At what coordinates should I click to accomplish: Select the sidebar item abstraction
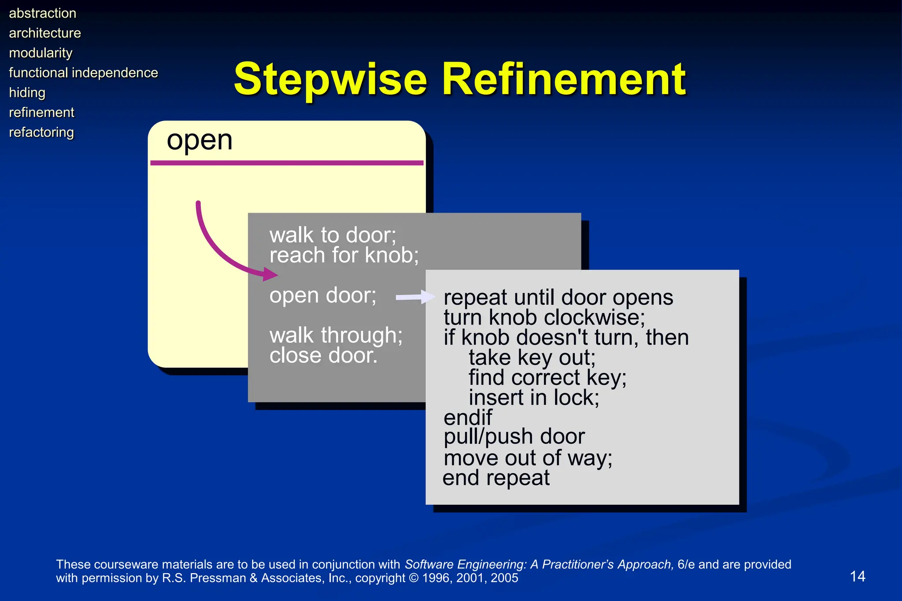point(43,13)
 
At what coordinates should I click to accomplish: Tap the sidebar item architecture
point(45,33)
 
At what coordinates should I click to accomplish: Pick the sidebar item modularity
point(41,53)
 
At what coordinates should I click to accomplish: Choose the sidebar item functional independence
point(83,73)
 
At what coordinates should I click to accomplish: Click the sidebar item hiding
point(27,92)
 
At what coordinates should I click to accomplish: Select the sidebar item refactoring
point(41,132)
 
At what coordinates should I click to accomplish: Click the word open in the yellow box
point(200,141)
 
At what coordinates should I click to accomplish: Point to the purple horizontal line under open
point(286,163)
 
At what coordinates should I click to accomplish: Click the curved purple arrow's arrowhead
point(270,274)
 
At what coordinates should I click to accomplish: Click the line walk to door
point(333,235)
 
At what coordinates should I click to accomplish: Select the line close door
point(323,355)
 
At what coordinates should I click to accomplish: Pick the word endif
point(468,417)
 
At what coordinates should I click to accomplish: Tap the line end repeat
point(496,478)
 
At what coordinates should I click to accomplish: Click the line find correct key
point(547,377)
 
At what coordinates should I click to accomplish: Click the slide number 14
point(857,576)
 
